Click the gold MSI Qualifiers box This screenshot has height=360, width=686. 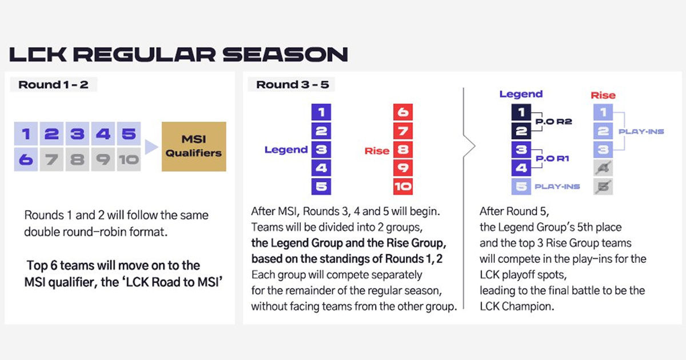(x=194, y=146)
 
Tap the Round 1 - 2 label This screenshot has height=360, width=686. (x=53, y=85)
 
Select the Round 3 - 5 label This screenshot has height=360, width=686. (x=291, y=85)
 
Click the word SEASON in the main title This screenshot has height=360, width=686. (x=285, y=54)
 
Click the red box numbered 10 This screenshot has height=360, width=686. (x=403, y=186)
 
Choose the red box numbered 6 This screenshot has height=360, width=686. (x=403, y=112)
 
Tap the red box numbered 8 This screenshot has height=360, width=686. (x=403, y=150)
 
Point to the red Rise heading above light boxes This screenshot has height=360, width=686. (x=603, y=95)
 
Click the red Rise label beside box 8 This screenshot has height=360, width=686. (x=377, y=151)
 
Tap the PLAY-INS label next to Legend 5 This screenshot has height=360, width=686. (x=557, y=186)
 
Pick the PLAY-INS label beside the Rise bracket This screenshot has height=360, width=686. (x=641, y=131)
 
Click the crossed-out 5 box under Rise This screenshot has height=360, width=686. (x=603, y=186)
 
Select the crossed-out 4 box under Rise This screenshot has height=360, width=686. (x=603, y=168)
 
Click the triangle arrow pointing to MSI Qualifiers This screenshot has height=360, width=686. (x=150, y=147)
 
